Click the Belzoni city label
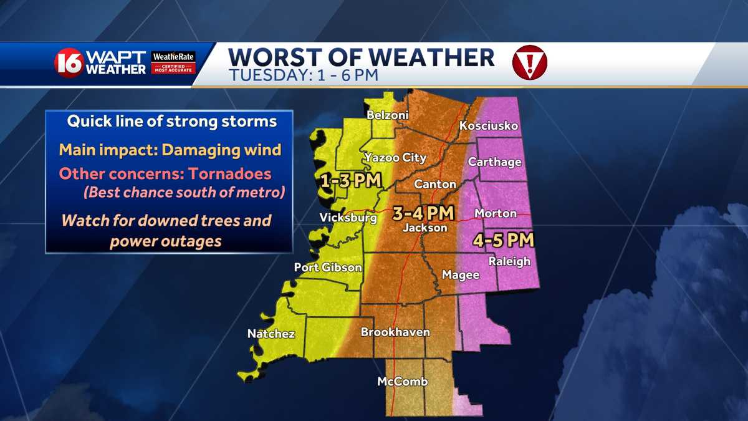(x=387, y=115)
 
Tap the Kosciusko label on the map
(x=489, y=126)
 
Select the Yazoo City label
(x=395, y=158)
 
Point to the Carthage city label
(x=494, y=162)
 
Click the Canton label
(x=436, y=185)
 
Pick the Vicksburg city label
(x=348, y=218)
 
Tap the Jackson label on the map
(x=424, y=228)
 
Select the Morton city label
(x=496, y=213)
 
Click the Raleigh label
(x=509, y=261)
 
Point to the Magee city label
(x=461, y=275)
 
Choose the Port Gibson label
(x=328, y=268)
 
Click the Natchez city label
(x=271, y=334)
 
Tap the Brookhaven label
(x=395, y=332)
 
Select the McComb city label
(x=403, y=381)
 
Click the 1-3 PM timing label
(x=343, y=181)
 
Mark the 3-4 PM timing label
(x=423, y=213)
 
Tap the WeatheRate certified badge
(x=174, y=63)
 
